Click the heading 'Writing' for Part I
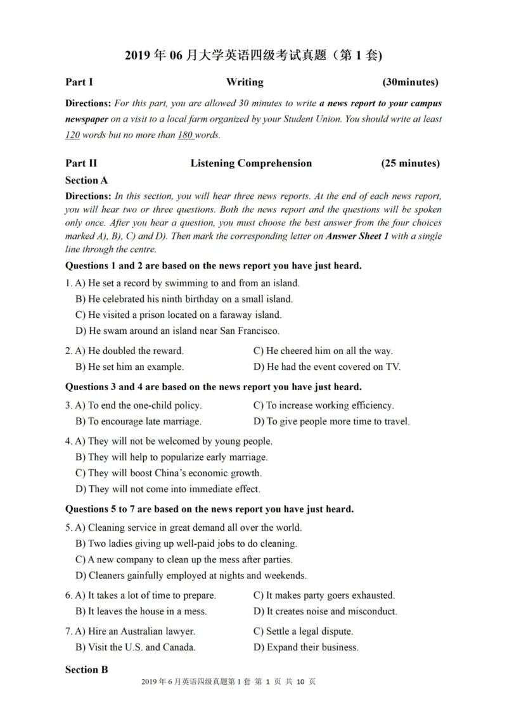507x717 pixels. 245,82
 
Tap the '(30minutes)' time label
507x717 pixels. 410,82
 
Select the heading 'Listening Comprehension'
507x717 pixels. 251,163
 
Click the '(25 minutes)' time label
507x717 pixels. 410,163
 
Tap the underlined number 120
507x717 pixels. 73,135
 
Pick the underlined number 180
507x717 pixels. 184,135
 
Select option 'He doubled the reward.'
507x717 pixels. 129,351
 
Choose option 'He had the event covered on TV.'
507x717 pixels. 327,367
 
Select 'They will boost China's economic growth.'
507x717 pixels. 168,473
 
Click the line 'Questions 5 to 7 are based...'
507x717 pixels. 210,509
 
